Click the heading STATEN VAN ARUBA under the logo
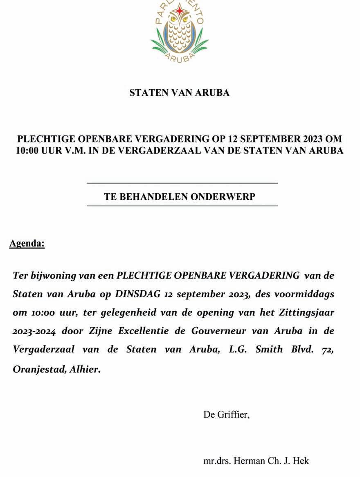[x=179, y=93]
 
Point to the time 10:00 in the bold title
[x=28, y=151]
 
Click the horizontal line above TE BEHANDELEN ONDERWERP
[x=182, y=183]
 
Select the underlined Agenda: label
[x=27, y=244]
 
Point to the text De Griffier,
[x=226, y=415]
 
